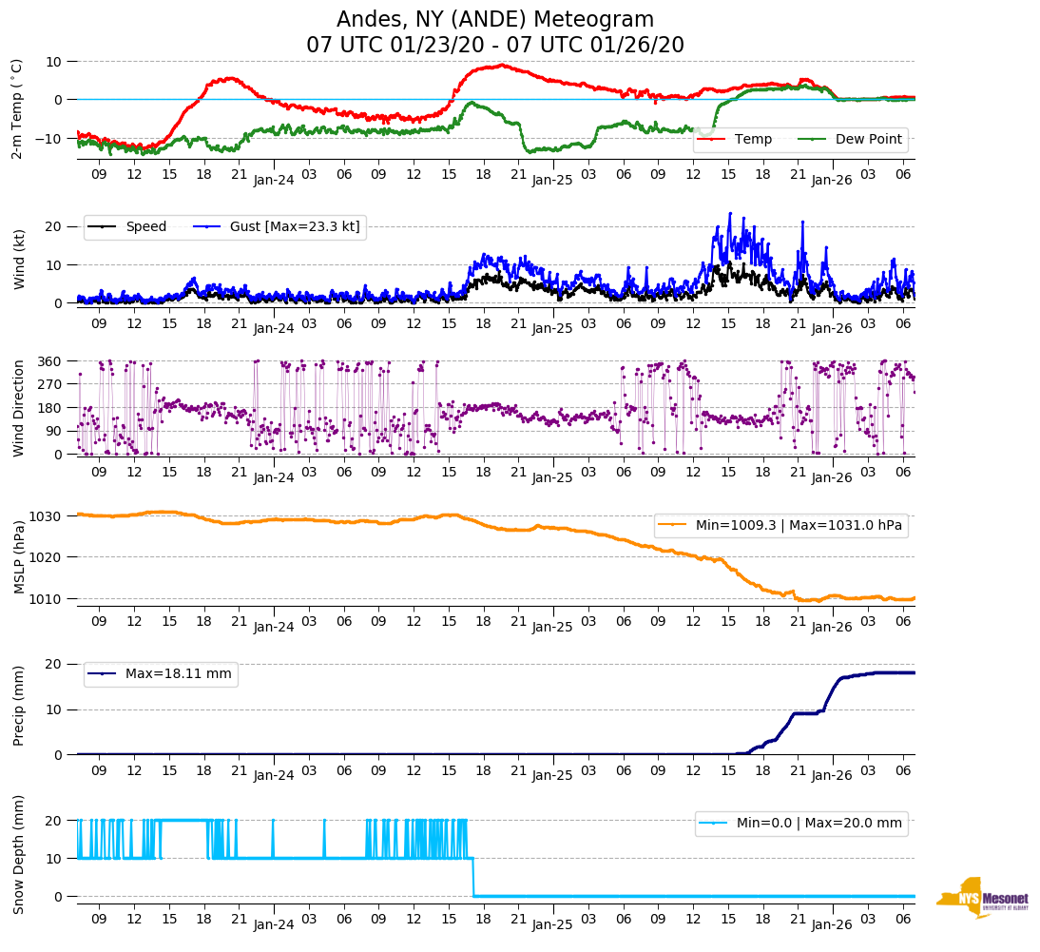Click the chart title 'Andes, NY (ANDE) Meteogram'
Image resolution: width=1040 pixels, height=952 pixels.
pos(494,20)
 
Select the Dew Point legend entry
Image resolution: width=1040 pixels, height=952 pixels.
pos(856,140)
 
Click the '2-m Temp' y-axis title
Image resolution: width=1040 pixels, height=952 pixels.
pos(17,107)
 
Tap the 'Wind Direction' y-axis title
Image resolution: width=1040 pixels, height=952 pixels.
pos(18,408)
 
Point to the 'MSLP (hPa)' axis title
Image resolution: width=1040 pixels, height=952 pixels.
pos(18,557)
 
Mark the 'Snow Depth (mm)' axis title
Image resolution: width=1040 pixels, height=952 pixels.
pos(18,854)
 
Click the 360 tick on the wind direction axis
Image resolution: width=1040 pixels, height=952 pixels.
pos(49,361)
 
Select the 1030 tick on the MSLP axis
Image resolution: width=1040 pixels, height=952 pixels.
pos(46,516)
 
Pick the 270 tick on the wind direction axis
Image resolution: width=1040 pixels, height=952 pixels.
pos(49,384)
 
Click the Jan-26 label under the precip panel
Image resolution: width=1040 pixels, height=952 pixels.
pos(831,776)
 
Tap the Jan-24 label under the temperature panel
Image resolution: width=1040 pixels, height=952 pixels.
pos(274,179)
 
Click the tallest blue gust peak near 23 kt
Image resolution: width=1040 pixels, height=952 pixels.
pos(730,214)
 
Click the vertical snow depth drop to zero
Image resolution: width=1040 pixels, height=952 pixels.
pos(473,877)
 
